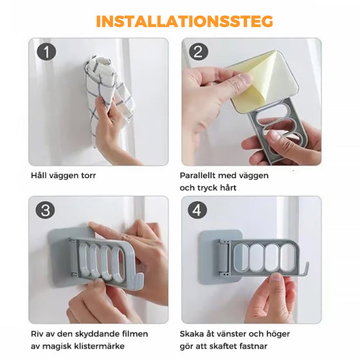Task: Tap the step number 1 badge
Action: pyautogui.click(x=46, y=52)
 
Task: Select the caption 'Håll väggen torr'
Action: pyautogui.click(x=62, y=175)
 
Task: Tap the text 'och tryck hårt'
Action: pyautogui.click(x=209, y=188)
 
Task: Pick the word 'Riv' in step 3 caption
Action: pyautogui.click(x=37, y=334)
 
